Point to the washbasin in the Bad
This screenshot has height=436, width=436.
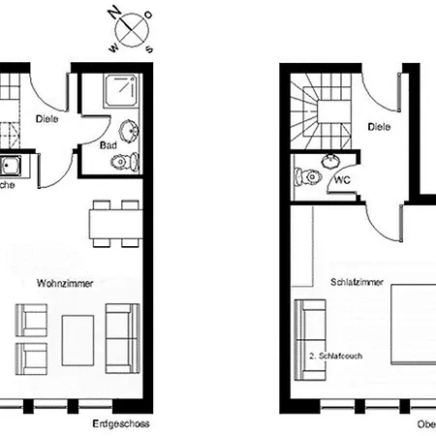127,130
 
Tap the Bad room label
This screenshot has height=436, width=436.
109,145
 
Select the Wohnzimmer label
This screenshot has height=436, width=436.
58,284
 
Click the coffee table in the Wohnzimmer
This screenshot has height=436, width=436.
78,339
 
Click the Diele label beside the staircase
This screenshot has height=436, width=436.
378,126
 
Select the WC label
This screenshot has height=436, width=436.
342,180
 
